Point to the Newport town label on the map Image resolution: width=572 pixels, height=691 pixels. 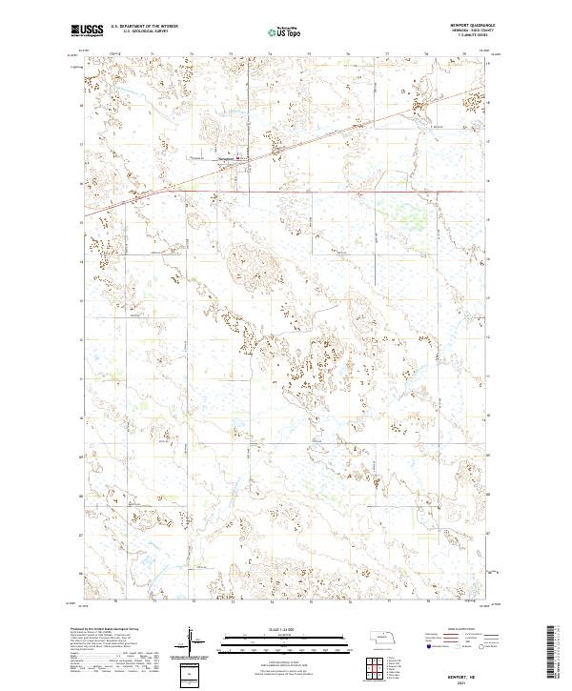pos(226,158)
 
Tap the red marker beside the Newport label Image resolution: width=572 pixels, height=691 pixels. pos(239,159)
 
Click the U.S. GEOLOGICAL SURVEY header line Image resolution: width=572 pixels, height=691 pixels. pos(141,31)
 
